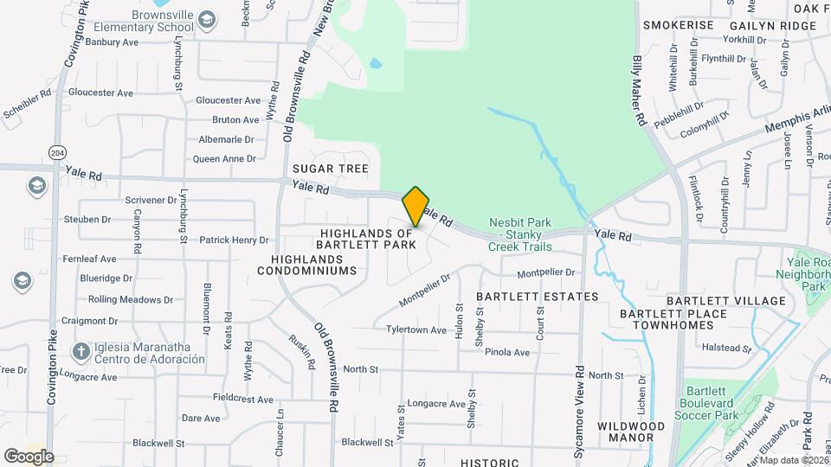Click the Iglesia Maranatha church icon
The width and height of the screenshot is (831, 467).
click(x=81, y=351)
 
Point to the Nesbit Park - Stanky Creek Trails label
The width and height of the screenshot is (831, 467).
click(x=520, y=234)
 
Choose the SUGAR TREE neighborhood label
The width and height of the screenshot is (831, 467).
click(x=331, y=169)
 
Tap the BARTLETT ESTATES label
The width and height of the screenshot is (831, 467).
click(x=538, y=297)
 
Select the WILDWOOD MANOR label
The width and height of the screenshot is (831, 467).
click(x=631, y=432)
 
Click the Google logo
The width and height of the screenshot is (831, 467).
click(x=29, y=456)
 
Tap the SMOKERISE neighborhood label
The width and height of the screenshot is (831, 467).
click(x=679, y=26)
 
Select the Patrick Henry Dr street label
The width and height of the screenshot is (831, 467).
click(x=234, y=240)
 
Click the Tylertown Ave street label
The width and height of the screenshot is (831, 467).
click(x=416, y=329)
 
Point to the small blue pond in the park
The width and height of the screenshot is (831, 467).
click(x=375, y=64)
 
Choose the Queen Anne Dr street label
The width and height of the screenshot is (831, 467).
click(x=224, y=158)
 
